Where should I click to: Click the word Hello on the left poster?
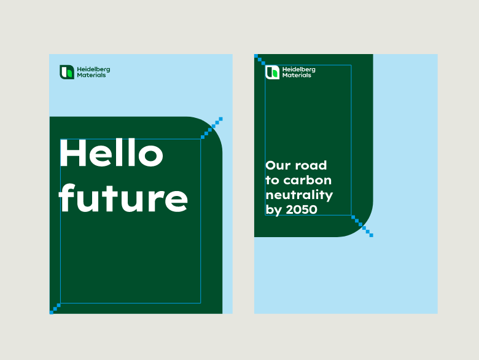pos(112,152)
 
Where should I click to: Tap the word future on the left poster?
pos(123,198)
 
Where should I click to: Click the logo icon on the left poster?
pos(67,72)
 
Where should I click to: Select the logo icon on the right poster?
pos(272,72)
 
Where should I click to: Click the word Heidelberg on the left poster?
pos(93,69)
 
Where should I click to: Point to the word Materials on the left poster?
pos(92,75)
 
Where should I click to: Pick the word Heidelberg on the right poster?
pos(299,69)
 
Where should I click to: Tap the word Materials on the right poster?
pos(297,75)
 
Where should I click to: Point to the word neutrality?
pos(299,195)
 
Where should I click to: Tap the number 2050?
pos(302,209)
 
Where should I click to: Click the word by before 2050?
pos(273,210)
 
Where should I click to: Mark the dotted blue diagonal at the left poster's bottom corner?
pos(55,308)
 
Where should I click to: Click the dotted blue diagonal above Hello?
pos(212,128)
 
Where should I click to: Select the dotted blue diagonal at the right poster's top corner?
pos(260,60)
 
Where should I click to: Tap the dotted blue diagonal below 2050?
pos(362,226)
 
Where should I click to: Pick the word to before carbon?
pos(273,180)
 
